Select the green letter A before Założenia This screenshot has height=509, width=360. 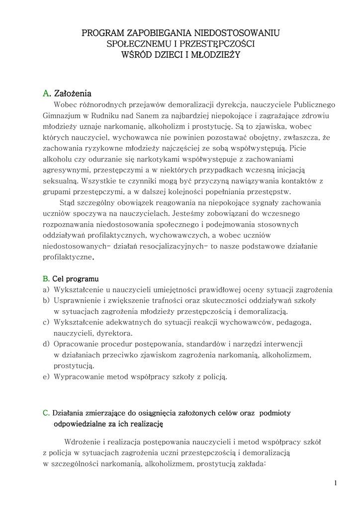coord(46,93)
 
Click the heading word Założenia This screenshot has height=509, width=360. coord(73,93)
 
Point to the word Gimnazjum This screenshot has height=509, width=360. coord(61,115)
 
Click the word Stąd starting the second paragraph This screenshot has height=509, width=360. coord(67,203)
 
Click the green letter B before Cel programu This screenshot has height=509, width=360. coord(45,279)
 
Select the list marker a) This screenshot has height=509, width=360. coord(46,290)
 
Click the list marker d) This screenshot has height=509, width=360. coord(46,344)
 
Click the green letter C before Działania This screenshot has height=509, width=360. coord(46,413)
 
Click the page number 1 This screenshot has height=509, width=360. coord(336,483)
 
